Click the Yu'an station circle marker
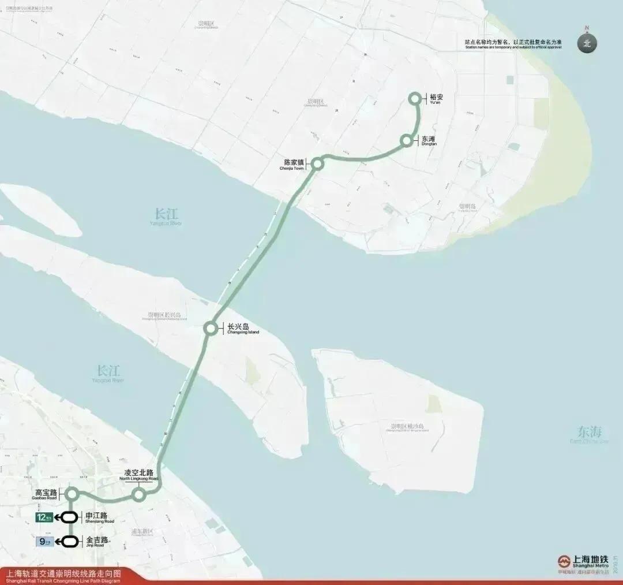pyautogui.click(x=414, y=99)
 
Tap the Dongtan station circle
pyautogui.click(x=407, y=140)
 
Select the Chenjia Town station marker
pyautogui.click(x=317, y=164)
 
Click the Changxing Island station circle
pyautogui.click(x=211, y=329)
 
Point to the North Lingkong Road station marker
pyautogui.click(x=138, y=495)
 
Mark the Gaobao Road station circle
pyautogui.click(x=72, y=494)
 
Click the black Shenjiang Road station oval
pyautogui.click(x=70, y=517)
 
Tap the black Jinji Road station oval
pyautogui.click(x=70, y=542)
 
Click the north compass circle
pyautogui.click(x=587, y=43)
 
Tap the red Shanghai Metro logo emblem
pyautogui.click(x=564, y=561)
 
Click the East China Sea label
pyautogui.click(x=588, y=433)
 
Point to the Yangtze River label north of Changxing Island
pyautogui.click(x=166, y=215)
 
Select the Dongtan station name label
pyautogui.click(x=428, y=140)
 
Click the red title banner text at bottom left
pyautogui.click(x=63, y=575)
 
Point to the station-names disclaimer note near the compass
pyautogui.click(x=513, y=43)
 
